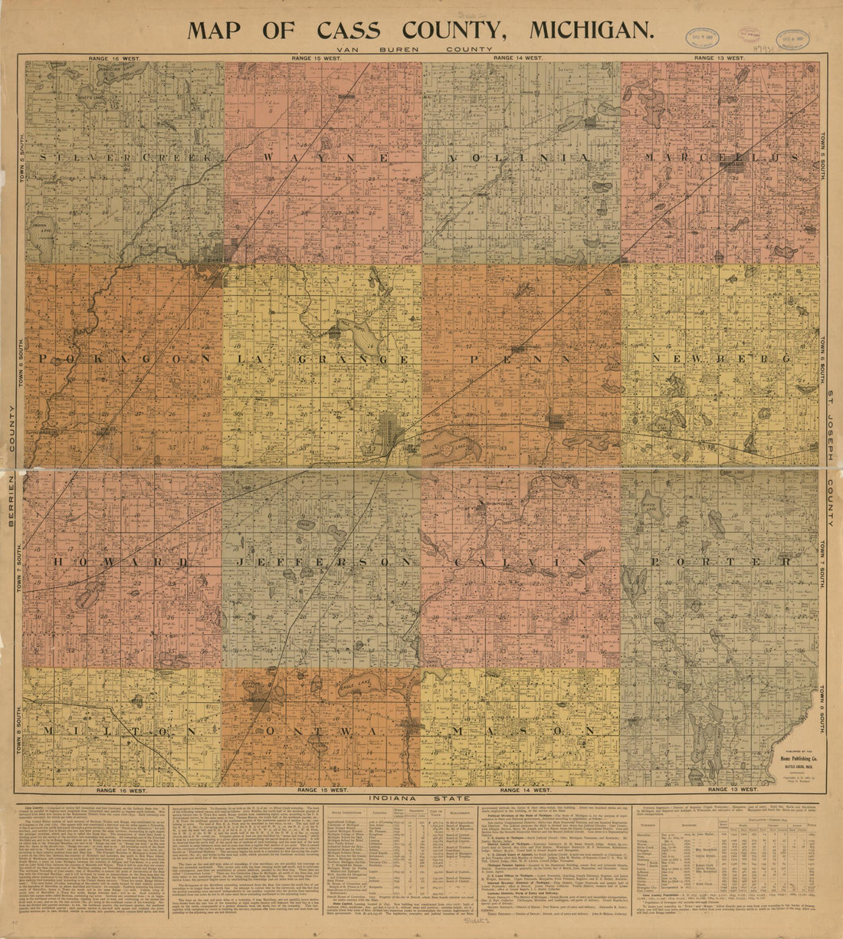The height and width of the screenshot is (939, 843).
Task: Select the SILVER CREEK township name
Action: coord(123,158)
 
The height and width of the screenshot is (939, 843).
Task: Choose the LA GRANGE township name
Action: coord(322,359)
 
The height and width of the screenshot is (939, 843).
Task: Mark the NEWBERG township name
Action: coord(721,359)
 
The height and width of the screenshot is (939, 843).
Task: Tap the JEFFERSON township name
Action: coord(322,563)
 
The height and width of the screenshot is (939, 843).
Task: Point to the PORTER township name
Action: coord(721,563)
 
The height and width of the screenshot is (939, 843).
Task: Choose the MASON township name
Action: coord(521,732)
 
